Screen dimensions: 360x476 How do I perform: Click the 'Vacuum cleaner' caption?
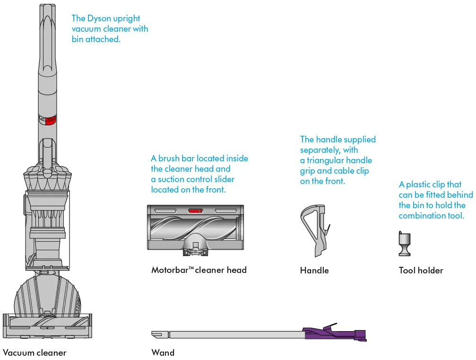[x=35, y=352]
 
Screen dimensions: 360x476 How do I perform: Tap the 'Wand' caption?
[x=163, y=352]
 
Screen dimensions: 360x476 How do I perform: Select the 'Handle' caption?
[x=314, y=271]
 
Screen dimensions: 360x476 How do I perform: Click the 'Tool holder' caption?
[x=421, y=271]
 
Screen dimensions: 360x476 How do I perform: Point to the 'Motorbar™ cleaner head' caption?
[x=199, y=270]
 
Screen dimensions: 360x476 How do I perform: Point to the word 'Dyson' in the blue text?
[x=100, y=18]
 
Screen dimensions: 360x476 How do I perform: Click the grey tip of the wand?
[x=157, y=334]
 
